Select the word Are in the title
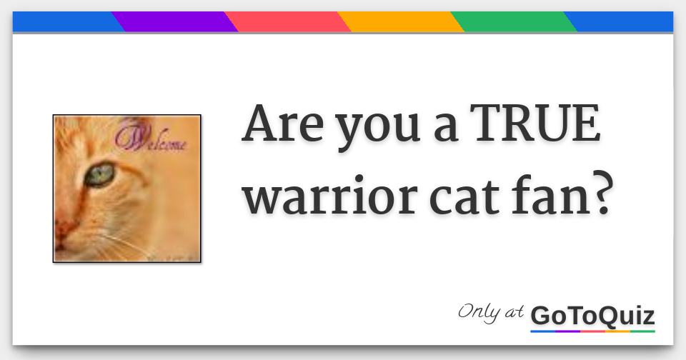coord(282,124)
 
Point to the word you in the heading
coord(379,130)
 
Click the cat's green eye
coord(100,174)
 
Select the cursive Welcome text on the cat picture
coord(151,138)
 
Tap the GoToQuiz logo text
coord(592,316)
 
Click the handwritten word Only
coord(479,313)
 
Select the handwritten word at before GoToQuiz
coord(514,312)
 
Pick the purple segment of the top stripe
coord(175,22)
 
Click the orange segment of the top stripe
coord(401,22)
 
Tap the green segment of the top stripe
coord(514,22)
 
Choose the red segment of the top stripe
coord(288,22)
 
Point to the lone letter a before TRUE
coord(446,129)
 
